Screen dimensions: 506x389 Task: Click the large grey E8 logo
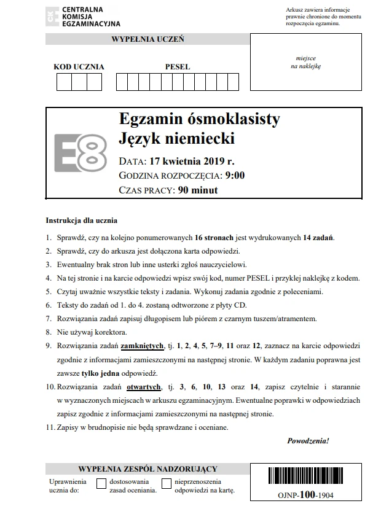tap(81, 152)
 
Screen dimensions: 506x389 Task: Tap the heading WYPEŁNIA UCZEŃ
tap(147, 39)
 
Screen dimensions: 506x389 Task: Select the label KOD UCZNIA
tap(79, 66)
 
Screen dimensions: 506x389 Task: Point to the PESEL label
tap(178, 66)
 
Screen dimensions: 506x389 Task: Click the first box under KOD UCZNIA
tap(64, 82)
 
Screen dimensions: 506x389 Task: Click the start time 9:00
tap(235, 176)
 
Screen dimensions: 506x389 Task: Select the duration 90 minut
tap(197, 190)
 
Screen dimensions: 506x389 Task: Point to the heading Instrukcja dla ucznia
tap(81, 220)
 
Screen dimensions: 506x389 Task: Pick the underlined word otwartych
tap(144, 387)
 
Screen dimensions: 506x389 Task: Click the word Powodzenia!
tap(308, 441)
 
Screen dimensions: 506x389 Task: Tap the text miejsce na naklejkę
tap(305, 62)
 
